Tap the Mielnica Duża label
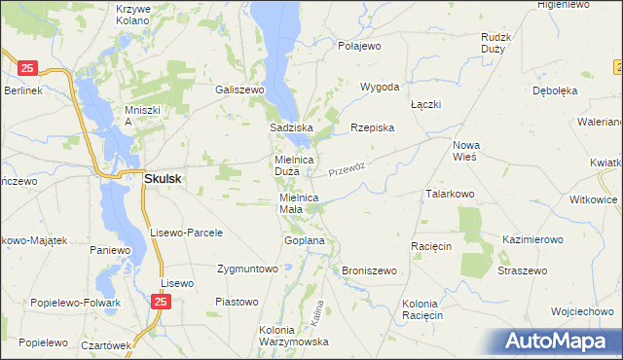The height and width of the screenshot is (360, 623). pos(292,165)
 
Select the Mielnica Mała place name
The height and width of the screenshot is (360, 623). pos(299,202)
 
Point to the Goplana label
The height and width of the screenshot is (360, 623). pos(304,239)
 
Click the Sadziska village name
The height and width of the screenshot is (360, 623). pos(290,127)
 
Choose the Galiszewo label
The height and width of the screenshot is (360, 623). pos(240,89)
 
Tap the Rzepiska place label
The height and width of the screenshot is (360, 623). pos(372,127)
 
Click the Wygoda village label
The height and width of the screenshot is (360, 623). pos(380,87)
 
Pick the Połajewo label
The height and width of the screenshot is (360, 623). pos(359,46)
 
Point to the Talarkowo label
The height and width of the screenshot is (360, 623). pos(449,194)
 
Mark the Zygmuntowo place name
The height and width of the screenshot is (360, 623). pos(247,268)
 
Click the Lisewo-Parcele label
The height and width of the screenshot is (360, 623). pos(187,233)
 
